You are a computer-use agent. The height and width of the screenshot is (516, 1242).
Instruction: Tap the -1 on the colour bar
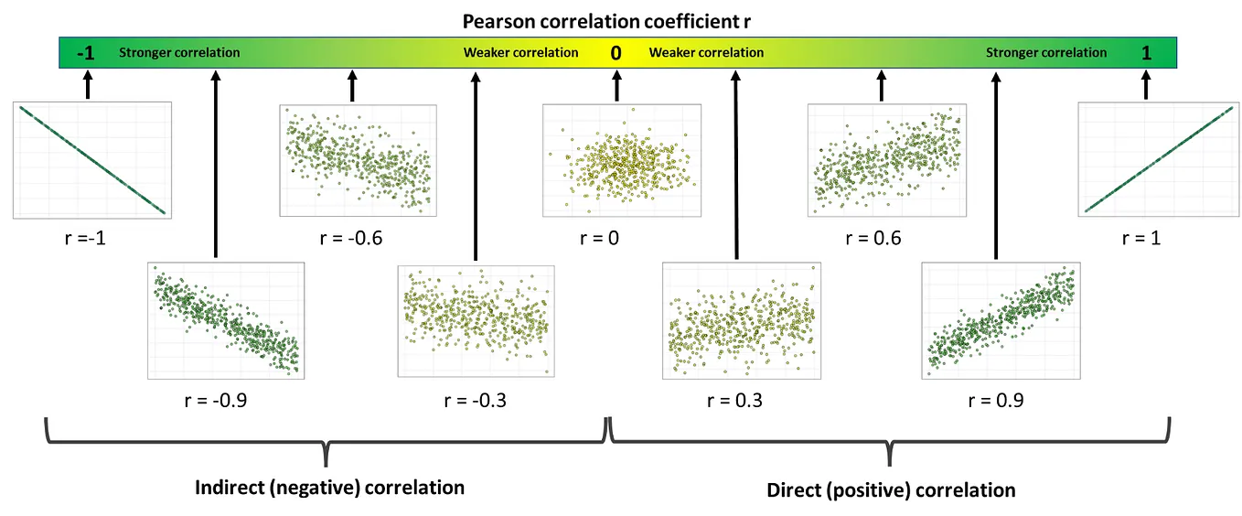(86, 53)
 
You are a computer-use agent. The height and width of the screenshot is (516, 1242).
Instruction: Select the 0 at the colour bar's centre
(616, 53)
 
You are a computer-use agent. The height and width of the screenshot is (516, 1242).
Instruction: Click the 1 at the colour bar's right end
(1146, 53)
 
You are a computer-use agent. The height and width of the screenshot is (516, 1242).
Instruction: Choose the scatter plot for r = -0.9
(226, 320)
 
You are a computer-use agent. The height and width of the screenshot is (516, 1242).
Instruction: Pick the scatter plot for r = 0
(621, 160)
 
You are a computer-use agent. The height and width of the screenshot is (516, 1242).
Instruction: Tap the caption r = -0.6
(351, 240)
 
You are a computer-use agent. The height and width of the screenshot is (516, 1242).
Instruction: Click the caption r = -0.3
(475, 401)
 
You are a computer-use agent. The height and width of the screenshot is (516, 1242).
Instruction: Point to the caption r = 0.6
(873, 240)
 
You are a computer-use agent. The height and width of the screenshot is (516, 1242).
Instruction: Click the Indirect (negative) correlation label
(329, 488)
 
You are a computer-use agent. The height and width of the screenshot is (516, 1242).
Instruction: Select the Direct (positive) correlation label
(890, 490)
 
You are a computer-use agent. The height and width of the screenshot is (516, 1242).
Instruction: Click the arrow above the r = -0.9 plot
(215, 165)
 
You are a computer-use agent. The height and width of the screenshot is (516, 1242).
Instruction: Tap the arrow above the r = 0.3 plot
(735, 165)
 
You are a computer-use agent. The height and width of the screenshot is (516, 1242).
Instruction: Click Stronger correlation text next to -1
(179, 53)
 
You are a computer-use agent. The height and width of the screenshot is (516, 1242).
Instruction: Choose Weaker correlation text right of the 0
(706, 53)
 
